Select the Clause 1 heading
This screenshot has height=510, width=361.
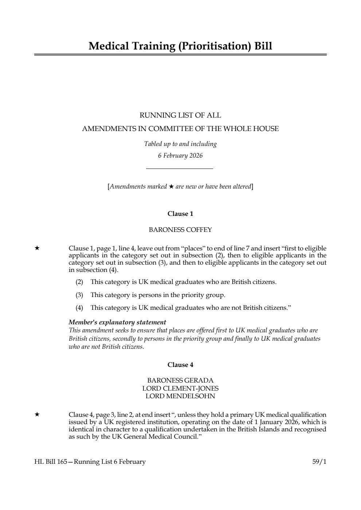coord(180,214)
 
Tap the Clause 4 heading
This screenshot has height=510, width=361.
coord(180,365)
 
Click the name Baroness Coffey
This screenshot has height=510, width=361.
coord(180,230)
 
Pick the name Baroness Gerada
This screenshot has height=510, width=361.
coord(180,381)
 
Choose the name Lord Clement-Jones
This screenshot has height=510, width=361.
coord(180,388)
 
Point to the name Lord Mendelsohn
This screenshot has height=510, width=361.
coord(180,396)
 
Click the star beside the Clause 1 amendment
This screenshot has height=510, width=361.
coord(37,248)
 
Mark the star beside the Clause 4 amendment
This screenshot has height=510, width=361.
coord(37,414)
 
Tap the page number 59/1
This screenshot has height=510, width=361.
coord(319,462)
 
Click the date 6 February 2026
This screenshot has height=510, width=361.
coord(180,156)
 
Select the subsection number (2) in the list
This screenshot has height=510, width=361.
coord(79,282)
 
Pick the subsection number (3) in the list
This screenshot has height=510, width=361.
coord(79,295)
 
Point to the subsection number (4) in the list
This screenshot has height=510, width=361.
coord(79,308)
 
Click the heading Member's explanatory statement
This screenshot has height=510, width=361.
coord(117,322)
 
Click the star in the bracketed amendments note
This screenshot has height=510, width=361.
coord(171,187)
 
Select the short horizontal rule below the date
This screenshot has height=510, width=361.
coord(179,169)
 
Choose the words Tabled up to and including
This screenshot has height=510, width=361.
coord(180,144)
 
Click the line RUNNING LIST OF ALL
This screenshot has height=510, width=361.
coord(180,115)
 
